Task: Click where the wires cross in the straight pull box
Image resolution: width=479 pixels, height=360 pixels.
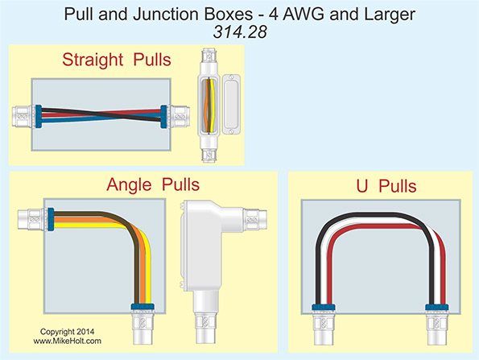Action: click(x=97, y=114)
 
